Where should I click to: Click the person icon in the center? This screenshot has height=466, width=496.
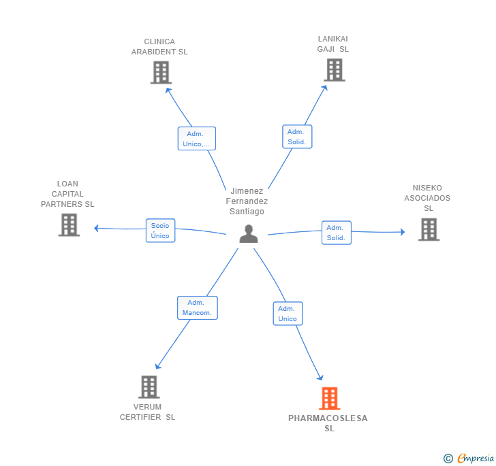tap(249, 234)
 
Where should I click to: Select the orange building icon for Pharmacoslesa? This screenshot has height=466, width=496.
tap(329, 399)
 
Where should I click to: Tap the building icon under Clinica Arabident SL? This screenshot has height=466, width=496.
tap(161, 73)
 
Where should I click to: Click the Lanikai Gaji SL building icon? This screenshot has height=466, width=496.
tap(335, 70)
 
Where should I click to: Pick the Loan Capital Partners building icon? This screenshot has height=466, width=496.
tap(69, 225)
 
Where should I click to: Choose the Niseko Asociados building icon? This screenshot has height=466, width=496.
tap(429, 229)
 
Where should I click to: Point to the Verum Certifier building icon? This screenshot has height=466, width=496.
tap(149, 387)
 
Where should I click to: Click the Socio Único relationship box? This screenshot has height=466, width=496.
tap(160, 231)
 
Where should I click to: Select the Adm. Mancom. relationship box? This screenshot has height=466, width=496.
tap(198, 307)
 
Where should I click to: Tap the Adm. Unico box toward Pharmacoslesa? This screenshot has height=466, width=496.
tap(288, 314)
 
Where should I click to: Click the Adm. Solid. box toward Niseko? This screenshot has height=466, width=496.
tap(337, 233)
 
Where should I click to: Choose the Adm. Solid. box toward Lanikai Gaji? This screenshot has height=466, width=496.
tap(297, 137)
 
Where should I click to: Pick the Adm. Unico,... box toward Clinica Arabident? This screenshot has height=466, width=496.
tap(197, 139)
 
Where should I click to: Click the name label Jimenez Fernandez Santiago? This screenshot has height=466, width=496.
tap(247, 201)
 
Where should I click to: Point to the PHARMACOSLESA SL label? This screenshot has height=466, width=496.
tap(328, 423)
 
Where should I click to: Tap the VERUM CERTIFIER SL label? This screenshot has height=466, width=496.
tap(147, 412)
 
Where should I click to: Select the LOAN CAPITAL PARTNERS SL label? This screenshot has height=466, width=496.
tap(67, 194)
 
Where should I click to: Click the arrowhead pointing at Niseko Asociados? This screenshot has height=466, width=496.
tap(403, 232)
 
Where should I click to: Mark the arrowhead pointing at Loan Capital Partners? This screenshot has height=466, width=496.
tap(97, 228)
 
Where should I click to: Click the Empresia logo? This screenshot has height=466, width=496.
tap(469, 458)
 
